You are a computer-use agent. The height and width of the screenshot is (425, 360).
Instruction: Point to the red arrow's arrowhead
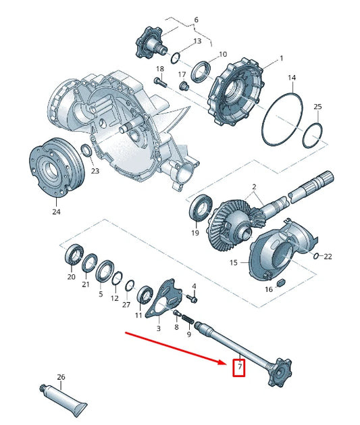[x=226, y=361]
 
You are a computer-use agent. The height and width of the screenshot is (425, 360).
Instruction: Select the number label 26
[x=61, y=377]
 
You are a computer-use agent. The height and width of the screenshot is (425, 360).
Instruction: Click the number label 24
[x=56, y=211]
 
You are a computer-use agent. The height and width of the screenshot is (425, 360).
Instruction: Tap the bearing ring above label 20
[x=72, y=256]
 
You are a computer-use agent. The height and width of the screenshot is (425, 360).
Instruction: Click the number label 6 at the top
[x=197, y=20]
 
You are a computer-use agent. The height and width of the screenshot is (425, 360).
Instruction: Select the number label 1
[x=263, y=59]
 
